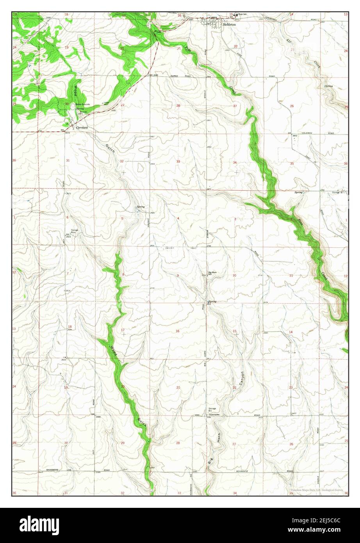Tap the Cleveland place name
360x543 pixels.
[82, 127]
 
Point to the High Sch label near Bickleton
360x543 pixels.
[243, 14]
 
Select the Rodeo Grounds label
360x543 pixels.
[83, 104]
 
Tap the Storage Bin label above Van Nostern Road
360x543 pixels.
[212, 409]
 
